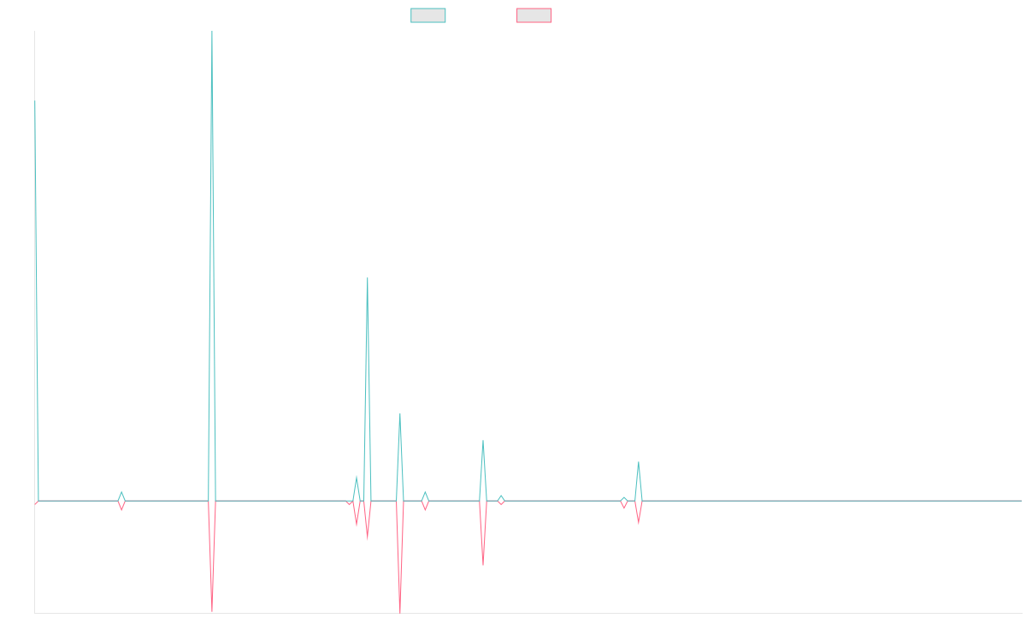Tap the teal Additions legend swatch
click(x=428, y=15)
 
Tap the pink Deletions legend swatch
click(x=534, y=15)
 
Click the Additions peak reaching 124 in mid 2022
click(x=368, y=278)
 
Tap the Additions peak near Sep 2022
click(x=400, y=413)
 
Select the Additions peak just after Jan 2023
click(x=483, y=442)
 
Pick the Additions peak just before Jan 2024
click(x=638, y=462)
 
